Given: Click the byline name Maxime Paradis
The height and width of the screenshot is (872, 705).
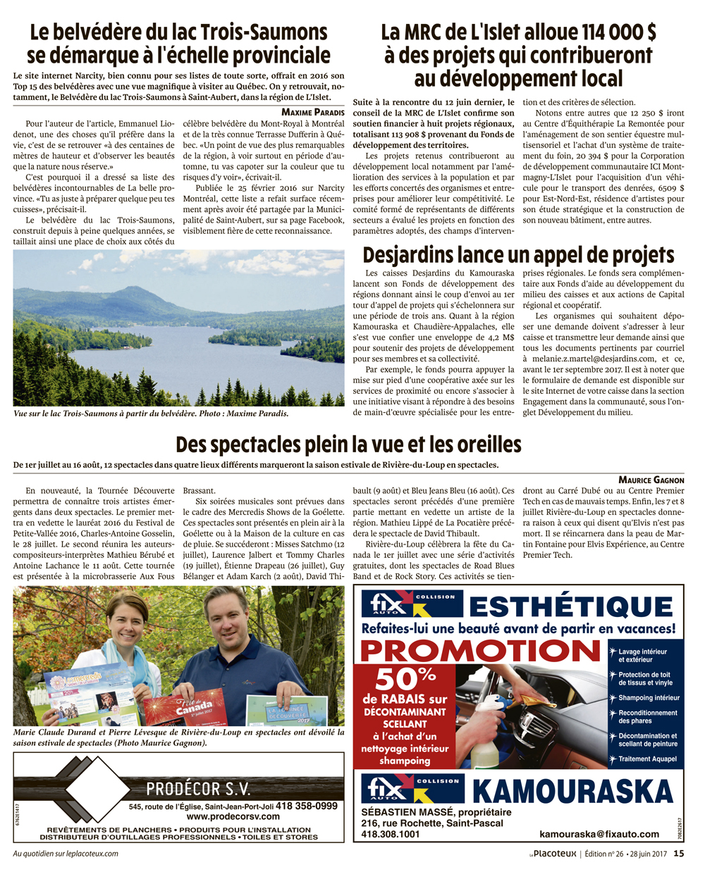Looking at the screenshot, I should pos(313,112).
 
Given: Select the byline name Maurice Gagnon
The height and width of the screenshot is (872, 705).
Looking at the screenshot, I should pos(651,480).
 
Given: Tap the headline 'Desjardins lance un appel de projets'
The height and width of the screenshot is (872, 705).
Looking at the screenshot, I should pos(518,255).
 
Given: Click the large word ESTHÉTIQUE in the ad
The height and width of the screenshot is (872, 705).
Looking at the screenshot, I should pos(571,607).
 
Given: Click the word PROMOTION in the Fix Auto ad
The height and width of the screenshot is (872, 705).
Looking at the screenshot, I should pos(481,651).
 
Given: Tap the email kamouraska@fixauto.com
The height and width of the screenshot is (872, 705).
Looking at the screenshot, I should pos(599,834).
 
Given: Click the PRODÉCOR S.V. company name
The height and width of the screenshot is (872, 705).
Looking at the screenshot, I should pos(198,789).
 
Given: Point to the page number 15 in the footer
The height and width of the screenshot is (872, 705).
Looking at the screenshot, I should pos(678,854).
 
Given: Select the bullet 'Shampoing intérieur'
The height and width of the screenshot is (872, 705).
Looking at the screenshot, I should pos(649,698).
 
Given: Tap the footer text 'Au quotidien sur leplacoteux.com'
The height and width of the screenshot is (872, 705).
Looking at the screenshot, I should pos(66,854).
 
